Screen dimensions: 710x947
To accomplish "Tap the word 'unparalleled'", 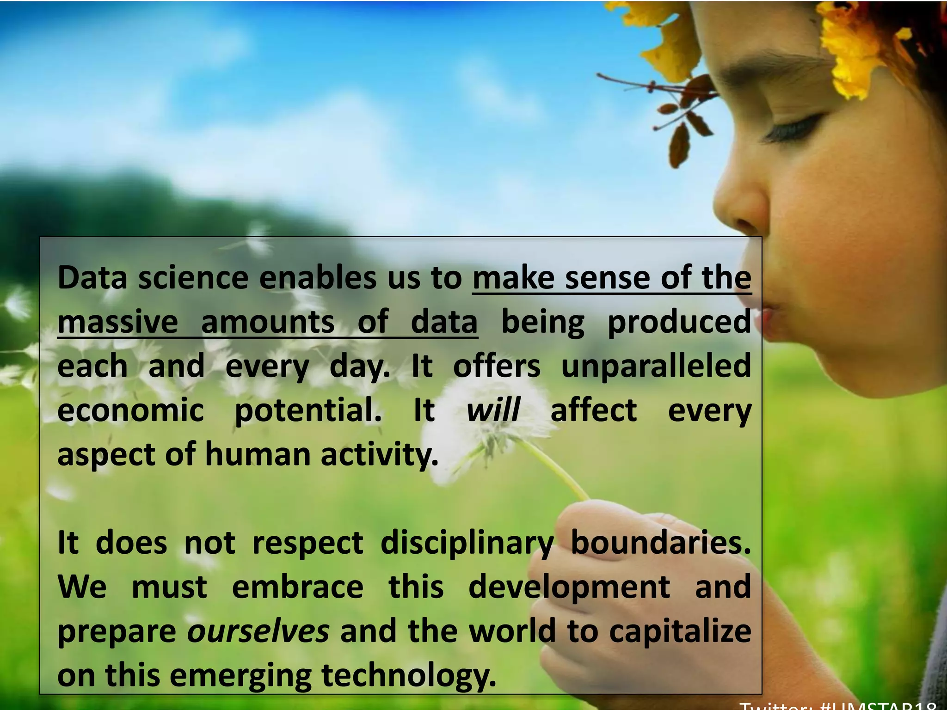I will point(656,366).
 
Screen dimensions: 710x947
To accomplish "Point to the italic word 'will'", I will point(493,410).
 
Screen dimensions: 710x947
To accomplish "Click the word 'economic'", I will point(130,410).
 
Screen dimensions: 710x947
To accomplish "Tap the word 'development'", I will point(569,587).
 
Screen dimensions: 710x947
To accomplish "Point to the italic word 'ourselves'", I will point(258,631).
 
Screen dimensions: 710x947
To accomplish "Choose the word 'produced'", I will point(679,323).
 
